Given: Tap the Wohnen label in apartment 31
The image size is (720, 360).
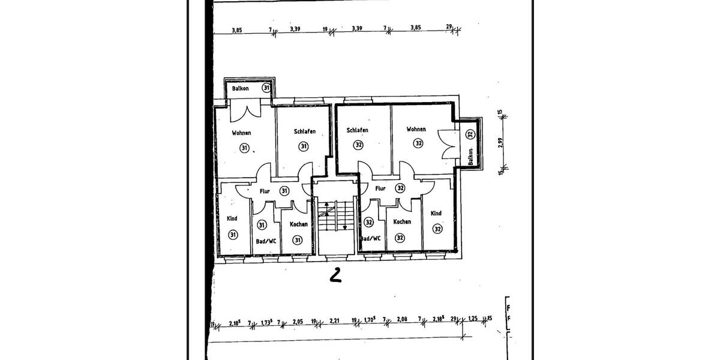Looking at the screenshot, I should [x=242, y=133].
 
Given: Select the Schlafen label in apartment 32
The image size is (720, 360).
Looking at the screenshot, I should [x=358, y=130].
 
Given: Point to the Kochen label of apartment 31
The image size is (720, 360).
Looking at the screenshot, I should [x=298, y=224].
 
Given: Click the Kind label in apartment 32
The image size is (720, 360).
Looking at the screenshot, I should [x=436, y=214].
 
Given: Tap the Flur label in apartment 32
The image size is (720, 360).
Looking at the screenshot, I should [x=380, y=188].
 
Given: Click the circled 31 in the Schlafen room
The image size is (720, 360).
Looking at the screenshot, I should [x=304, y=146].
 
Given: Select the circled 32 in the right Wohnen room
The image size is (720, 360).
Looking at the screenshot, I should [x=418, y=143].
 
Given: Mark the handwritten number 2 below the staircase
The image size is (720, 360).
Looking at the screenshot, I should [x=335, y=275].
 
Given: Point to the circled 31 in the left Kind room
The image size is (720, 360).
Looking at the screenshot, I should [x=232, y=235].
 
